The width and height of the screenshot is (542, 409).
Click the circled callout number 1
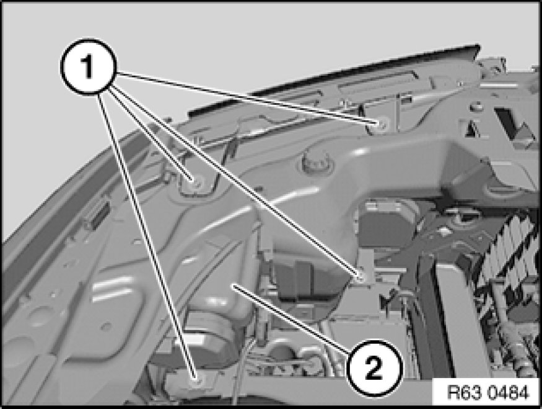pos(89,66)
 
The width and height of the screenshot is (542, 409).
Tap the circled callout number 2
pos(375,368)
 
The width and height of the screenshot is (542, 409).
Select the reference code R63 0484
pos(488,393)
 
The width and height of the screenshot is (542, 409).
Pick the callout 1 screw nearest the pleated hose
pos(360,276)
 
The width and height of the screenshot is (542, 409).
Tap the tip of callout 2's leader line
pos(233,284)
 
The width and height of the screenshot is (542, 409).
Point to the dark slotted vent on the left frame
pos(97,215)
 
